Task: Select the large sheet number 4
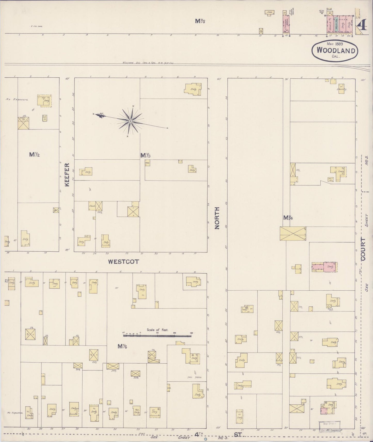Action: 363,26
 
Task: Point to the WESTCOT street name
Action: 123,261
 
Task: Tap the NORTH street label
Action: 217,218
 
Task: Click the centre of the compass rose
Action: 131,121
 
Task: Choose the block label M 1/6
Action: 122,347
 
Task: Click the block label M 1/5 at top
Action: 200,22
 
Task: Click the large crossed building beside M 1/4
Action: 293,234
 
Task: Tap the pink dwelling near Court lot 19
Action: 324,267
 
